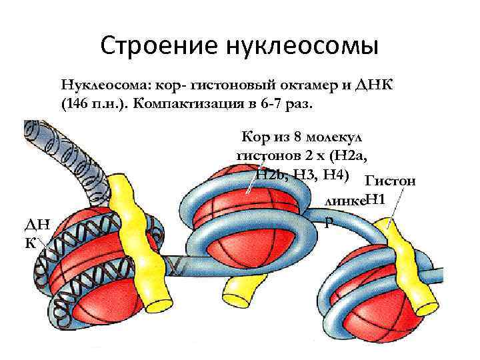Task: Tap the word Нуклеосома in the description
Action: tap(103, 85)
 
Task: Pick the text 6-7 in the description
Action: tap(275, 106)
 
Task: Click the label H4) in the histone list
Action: tap(337, 175)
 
